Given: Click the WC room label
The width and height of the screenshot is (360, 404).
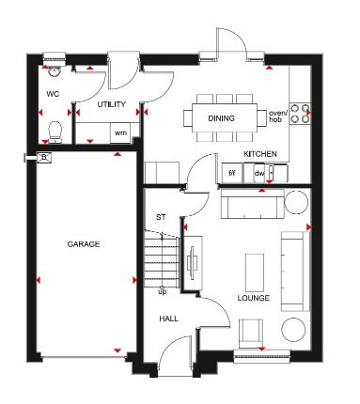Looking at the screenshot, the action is coord(53,94).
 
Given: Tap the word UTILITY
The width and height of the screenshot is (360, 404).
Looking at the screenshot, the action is coord(112,104).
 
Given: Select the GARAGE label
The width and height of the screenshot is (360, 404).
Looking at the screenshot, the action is coord(84,244).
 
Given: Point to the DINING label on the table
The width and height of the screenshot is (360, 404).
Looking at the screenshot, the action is coord(221,118).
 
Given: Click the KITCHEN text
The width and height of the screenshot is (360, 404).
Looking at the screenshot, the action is coord(260,154).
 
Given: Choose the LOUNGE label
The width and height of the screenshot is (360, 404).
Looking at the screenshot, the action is coord(254,298).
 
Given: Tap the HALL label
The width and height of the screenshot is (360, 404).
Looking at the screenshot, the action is coord(168,319).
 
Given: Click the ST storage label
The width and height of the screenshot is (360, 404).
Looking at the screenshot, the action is coord(161,217).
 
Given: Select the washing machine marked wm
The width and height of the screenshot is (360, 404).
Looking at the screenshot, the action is coord(120,132).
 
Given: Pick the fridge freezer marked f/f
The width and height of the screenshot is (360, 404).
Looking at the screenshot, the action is coord(232,173).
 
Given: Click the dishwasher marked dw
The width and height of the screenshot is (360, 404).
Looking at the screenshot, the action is coord(259,173).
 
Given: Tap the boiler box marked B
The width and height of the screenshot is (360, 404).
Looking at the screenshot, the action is coord(44,158).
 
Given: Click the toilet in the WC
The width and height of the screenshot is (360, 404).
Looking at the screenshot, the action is coord(55,132).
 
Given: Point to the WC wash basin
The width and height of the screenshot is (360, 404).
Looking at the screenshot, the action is coord(54,71).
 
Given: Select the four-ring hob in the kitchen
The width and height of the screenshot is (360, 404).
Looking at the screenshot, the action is coord(300,114).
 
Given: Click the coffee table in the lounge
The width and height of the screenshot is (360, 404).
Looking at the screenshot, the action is coord(255,272).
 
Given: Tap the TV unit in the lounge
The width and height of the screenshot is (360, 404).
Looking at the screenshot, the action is coord(193,263).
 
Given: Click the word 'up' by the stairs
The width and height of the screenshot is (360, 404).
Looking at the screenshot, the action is coord(163,292).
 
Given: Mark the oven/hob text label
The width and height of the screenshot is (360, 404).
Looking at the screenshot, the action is coord(277,117).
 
